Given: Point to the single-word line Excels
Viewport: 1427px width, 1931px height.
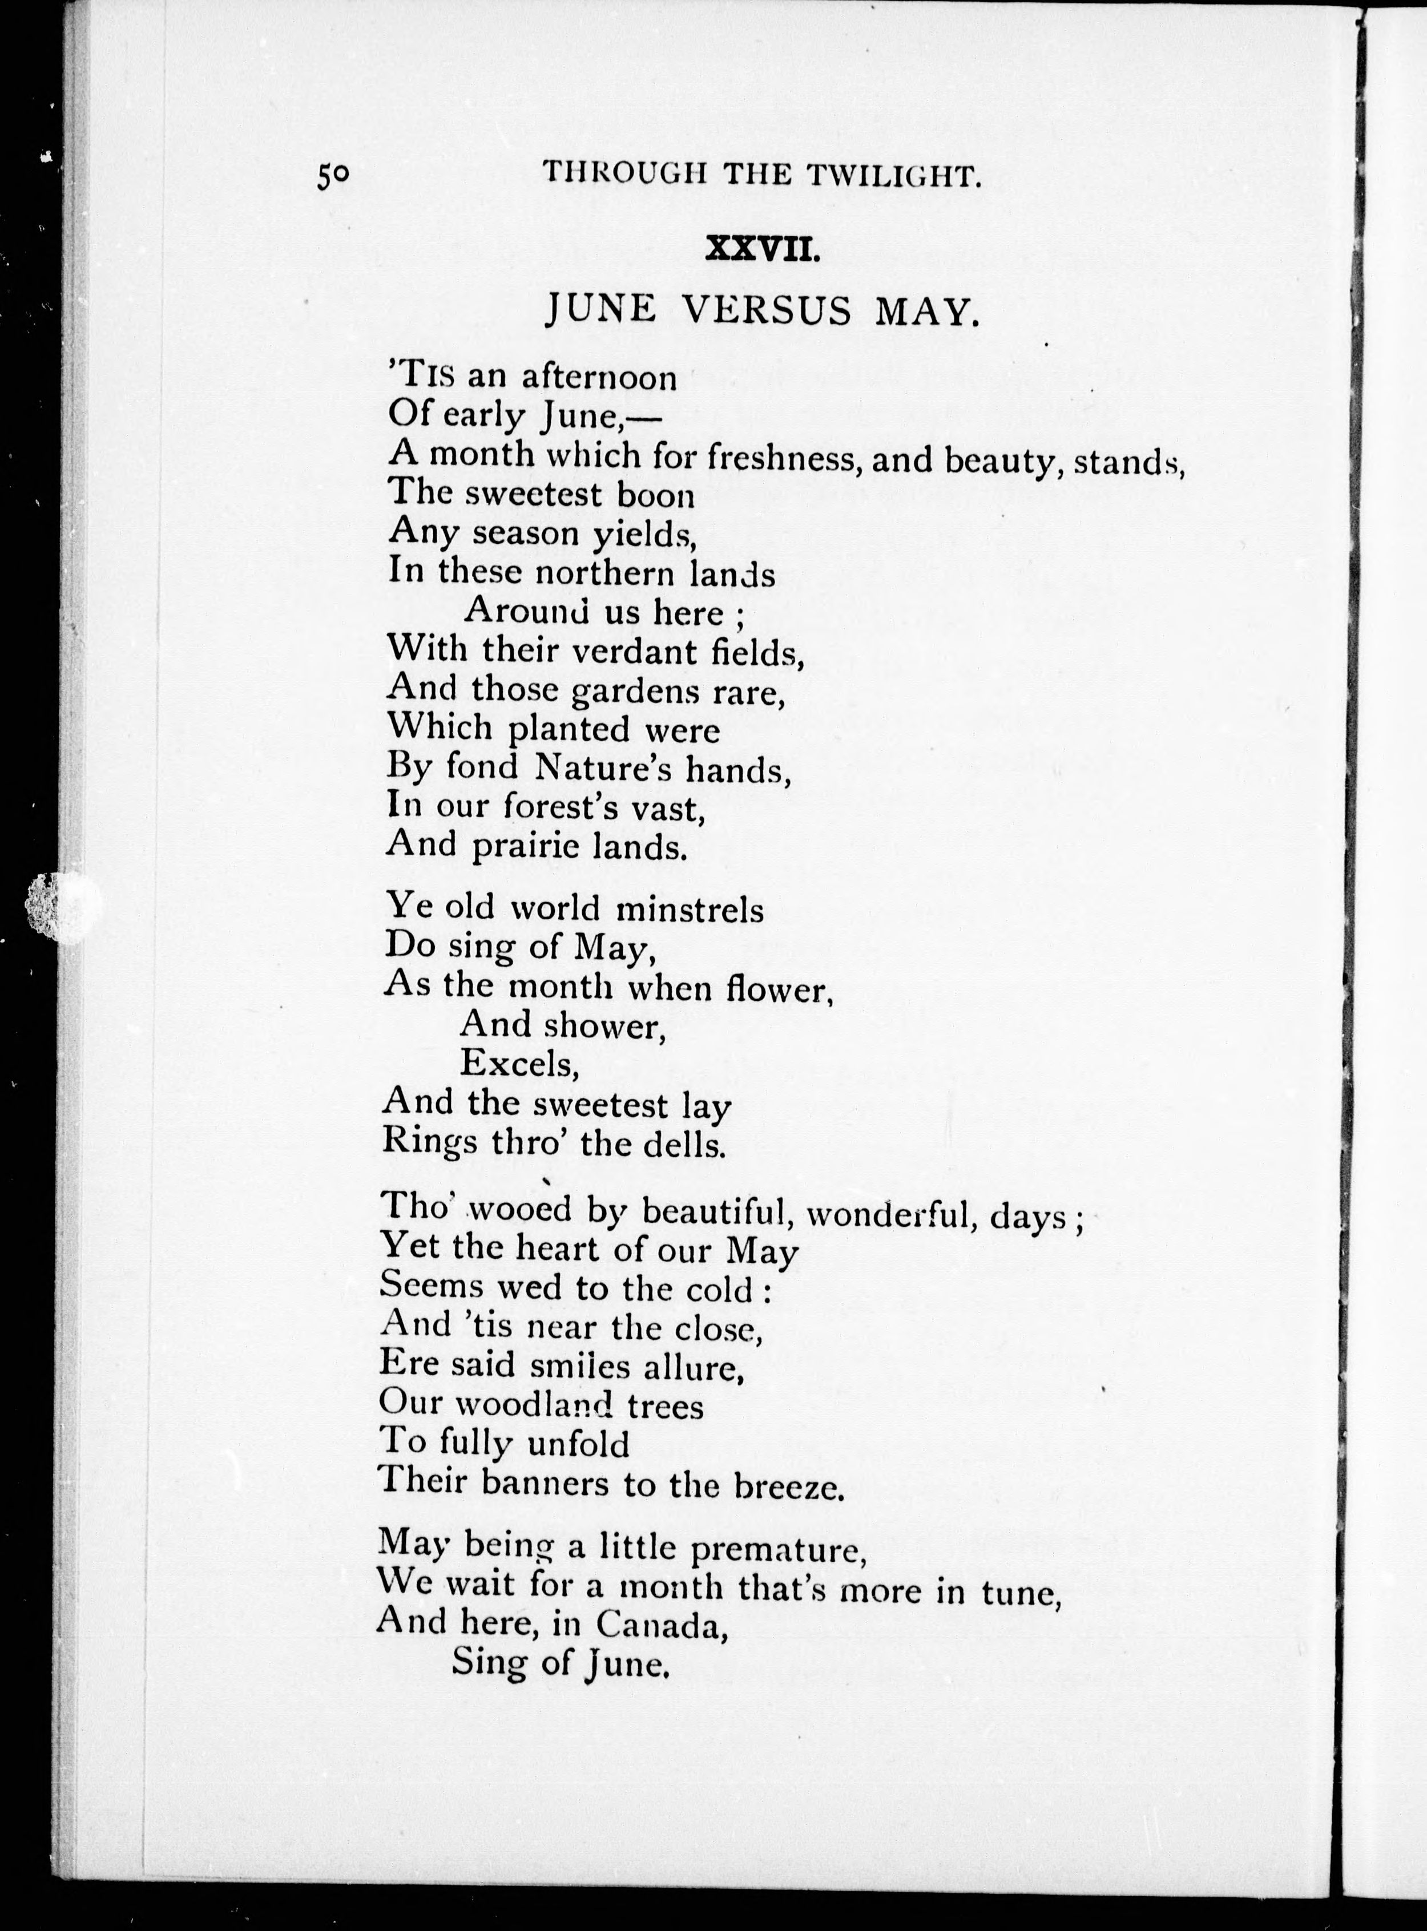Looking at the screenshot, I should pos(518,1064).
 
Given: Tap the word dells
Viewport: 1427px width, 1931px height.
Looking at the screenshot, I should pos(687,1145).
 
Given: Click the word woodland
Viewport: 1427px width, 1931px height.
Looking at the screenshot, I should pos(535,1405).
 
